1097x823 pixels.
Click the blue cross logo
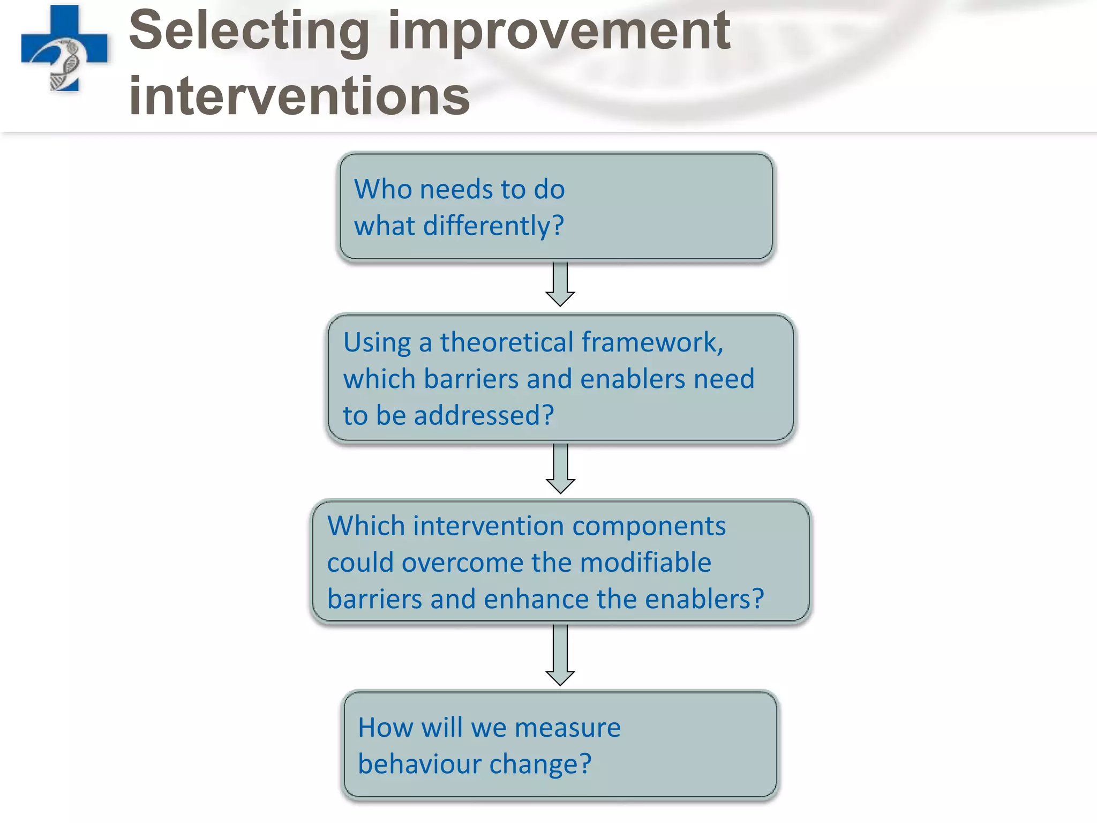(x=64, y=48)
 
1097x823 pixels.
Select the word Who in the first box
(x=383, y=189)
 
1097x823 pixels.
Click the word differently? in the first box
(x=493, y=226)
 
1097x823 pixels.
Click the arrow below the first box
(x=560, y=284)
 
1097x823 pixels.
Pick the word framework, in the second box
(x=652, y=342)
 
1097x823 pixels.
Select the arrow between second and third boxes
(x=560, y=468)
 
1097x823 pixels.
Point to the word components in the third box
(x=649, y=526)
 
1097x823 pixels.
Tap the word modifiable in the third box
(x=645, y=563)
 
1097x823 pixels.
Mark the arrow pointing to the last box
(x=560, y=655)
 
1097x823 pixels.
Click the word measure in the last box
(x=567, y=728)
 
